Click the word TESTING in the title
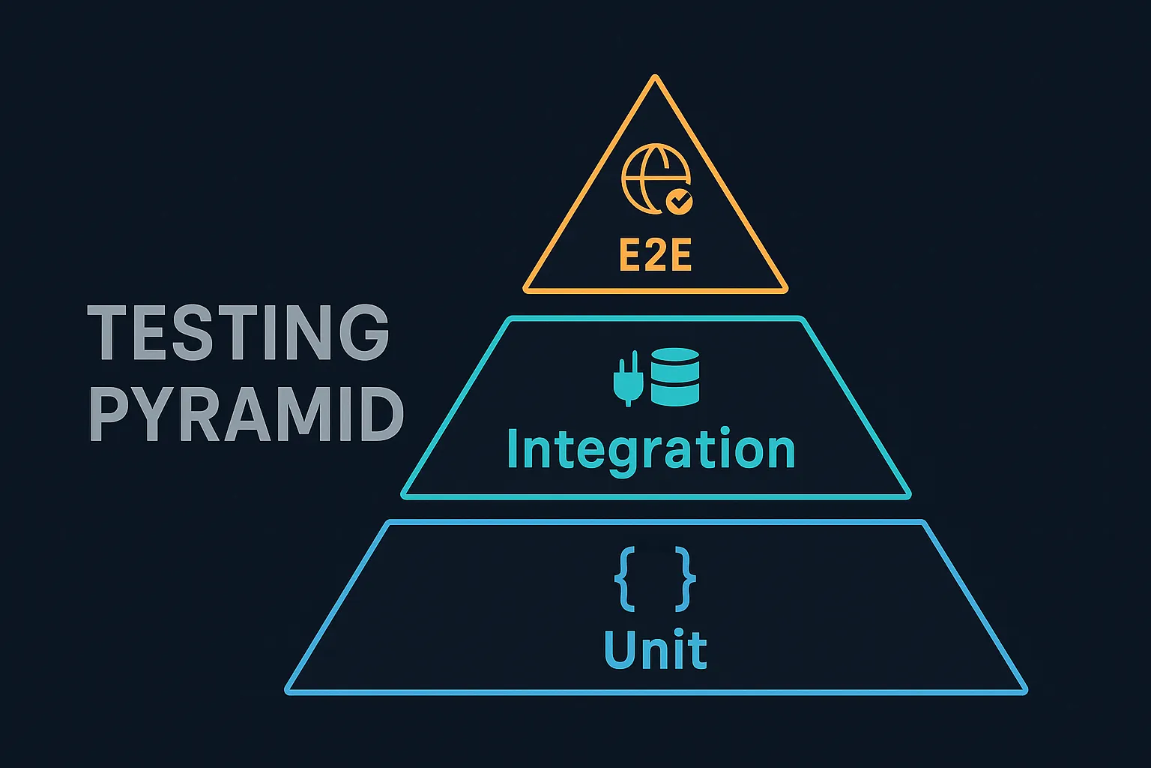pyautogui.click(x=238, y=331)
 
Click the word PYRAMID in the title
pyautogui.click(x=247, y=414)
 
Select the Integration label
pyautogui.click(x=650, y=450)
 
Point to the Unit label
pyautogui.click(x=656, y=649)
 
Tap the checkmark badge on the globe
pyautogui.click(x=679, y=200)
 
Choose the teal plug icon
pyautogui.click(x=627, y=379)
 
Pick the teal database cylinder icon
pyautogui.click(x=675, y=377)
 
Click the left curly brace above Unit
pyautogui.click(x=626, y=578)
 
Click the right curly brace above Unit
pyautogui.click(x=684, y=578)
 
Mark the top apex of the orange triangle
pyautogui.click(x=655, y=77)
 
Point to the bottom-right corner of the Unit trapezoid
pyautogui.click(x=1024, y=690)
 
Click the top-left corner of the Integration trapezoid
pyautogui.click(x=510, y=320)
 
